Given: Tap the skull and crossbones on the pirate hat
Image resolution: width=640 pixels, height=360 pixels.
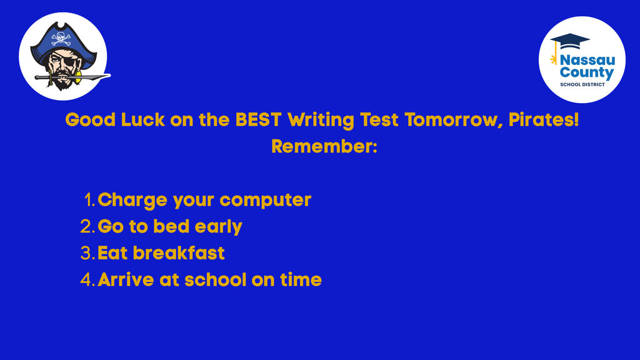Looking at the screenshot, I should (61, 38).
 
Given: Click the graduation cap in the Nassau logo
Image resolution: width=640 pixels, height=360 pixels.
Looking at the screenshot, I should (570, 40).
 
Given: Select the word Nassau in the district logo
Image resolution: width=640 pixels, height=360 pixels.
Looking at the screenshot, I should (587, 60).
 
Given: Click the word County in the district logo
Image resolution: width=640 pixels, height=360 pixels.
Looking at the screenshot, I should (587, 72).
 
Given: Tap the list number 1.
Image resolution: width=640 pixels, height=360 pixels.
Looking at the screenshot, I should (88, 201).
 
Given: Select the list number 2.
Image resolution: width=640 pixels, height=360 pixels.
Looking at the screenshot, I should (87, 227).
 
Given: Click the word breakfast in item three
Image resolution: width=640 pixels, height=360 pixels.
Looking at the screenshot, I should (179, 253).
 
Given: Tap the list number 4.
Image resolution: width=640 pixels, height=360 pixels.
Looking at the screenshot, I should (87, 279).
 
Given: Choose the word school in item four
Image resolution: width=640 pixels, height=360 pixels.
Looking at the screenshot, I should (215, 279).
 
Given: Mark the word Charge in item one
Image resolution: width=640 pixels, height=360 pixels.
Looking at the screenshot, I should (132, 201).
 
